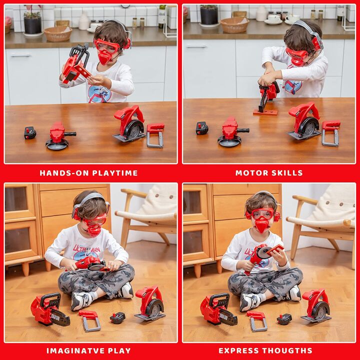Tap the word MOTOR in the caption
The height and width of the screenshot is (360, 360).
[x=248, y=173]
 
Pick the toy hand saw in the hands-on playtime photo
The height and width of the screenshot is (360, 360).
[x=155, y=134]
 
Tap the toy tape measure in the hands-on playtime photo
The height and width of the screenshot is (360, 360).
[x=30, y=133]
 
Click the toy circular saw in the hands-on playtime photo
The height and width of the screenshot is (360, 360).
[x=129, y=124]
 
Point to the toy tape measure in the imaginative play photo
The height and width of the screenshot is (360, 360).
[x=117, y=318]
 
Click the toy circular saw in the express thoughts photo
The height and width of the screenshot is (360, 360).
[x=316, y=305]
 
